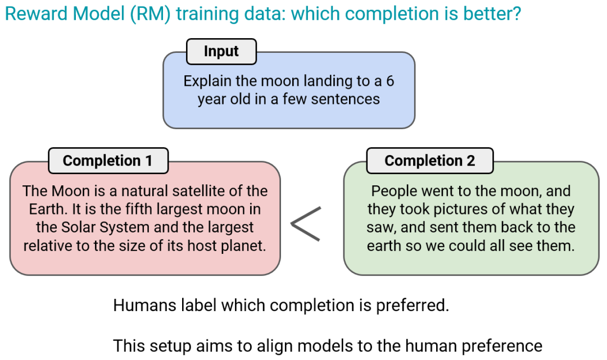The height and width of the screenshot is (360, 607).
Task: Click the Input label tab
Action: point(221,52)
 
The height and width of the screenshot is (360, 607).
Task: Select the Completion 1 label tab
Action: point(108,161)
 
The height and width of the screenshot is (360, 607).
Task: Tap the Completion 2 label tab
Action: point(430,161)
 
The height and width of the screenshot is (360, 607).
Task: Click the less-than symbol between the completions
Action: point(306,224)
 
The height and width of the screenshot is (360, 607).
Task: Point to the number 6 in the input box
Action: point(390,81)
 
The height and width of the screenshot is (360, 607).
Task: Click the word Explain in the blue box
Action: point(207,81)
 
